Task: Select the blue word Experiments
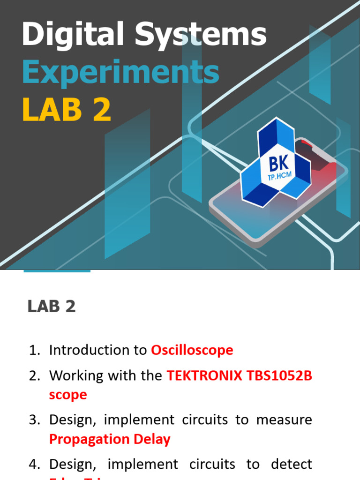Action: (120, 73)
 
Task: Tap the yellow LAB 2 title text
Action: (67, 110)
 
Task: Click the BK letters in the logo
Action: (278, 165)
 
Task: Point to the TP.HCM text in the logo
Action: (278, 178)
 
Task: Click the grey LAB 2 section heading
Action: (52, 307)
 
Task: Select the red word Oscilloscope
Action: (192, 350)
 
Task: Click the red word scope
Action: (68, 395)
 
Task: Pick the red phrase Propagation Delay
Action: (110, 439)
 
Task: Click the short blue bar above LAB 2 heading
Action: (57, 271)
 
